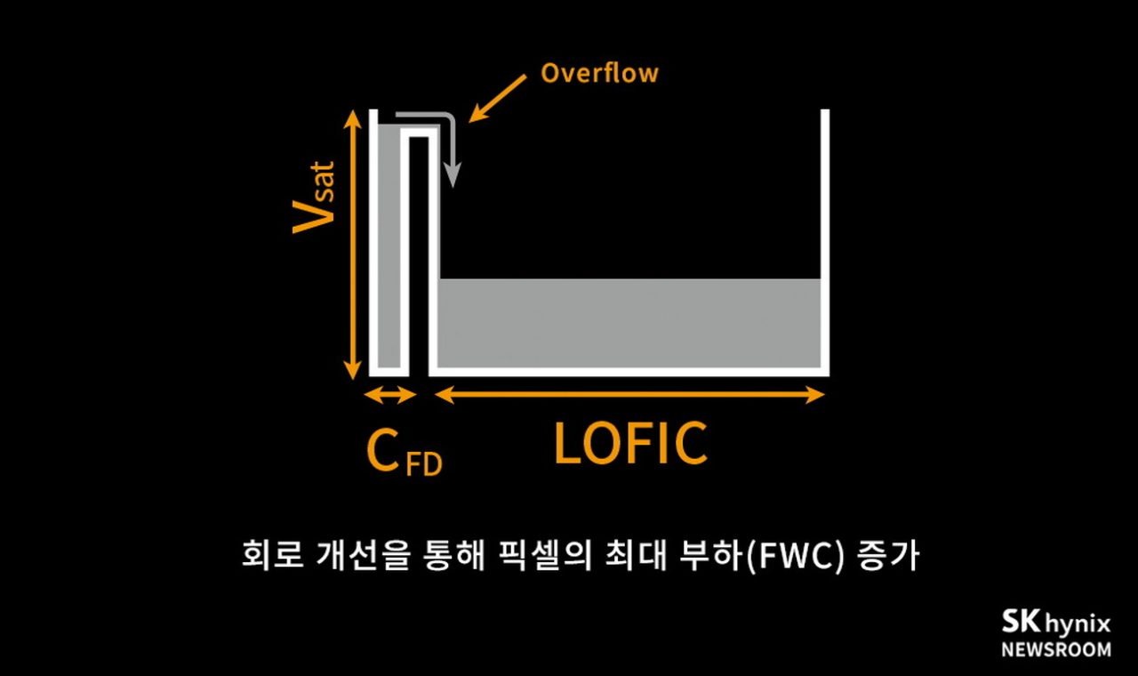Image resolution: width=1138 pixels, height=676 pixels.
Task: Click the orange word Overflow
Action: [599, 73]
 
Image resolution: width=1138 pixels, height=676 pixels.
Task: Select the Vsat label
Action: [314, 197]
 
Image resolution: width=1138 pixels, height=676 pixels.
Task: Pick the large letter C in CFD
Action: [383, 451]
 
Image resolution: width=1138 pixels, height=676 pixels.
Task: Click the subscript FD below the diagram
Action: [424, 464]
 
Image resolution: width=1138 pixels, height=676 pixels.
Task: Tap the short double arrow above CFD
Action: [391, 395]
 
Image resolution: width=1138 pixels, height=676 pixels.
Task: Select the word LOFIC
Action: [630, 443]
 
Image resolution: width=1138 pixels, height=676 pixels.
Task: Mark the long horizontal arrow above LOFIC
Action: [631, 395]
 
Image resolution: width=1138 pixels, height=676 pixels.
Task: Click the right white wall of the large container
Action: [825, 240]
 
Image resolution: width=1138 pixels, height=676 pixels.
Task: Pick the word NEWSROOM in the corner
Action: [1056, 649]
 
